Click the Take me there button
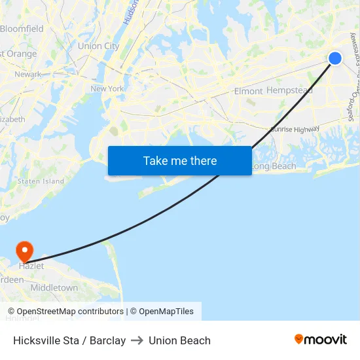pos(179,161)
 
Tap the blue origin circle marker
pos(334,58)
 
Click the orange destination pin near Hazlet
pos(25,251)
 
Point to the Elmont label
pos(248,91)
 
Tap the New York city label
pos(107,88)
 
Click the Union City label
pos(98,46)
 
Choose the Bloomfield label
pos(22,29)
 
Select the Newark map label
pos(27,75)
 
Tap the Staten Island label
pos(41,181)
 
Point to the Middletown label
pos(54,287)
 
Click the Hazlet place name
pos(31,266)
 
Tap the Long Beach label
pos(274,166)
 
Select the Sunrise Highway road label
pos(295,130)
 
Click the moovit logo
pos(321,340)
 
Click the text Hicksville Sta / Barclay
pos(69,340)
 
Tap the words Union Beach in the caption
pos(179,340)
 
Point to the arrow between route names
pos(137,340)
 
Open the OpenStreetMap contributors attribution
pos(70,312)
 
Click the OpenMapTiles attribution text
pos(166,312)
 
